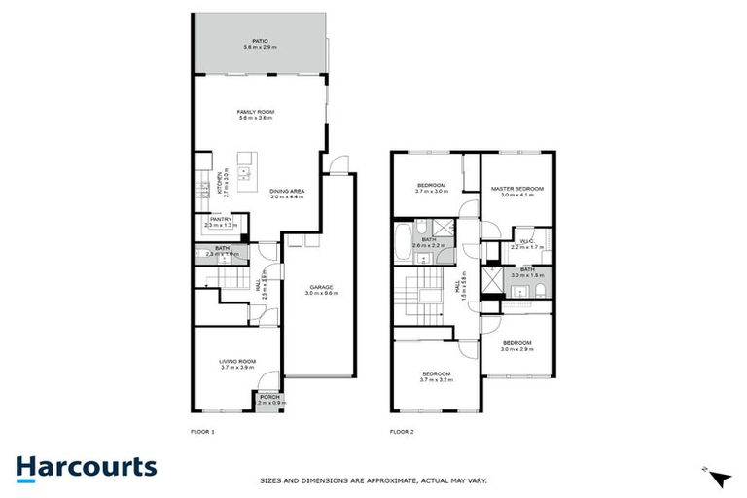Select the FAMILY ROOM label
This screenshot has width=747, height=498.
tap(256, 112)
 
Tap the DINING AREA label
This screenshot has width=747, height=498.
tap(287, 191)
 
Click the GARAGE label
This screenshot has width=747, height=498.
tap(322, 287)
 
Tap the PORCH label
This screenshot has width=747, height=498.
tap(267, 396)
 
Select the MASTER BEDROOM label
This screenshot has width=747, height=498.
tap(516, 188)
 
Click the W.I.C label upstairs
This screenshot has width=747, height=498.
tap(528, 242)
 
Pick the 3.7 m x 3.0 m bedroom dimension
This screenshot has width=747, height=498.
tap(431, 192)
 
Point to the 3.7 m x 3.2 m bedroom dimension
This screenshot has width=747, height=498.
tap(436, 380)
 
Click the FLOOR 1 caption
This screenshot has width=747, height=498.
tap(200, 431)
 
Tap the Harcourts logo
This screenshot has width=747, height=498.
tap(86, 467)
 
